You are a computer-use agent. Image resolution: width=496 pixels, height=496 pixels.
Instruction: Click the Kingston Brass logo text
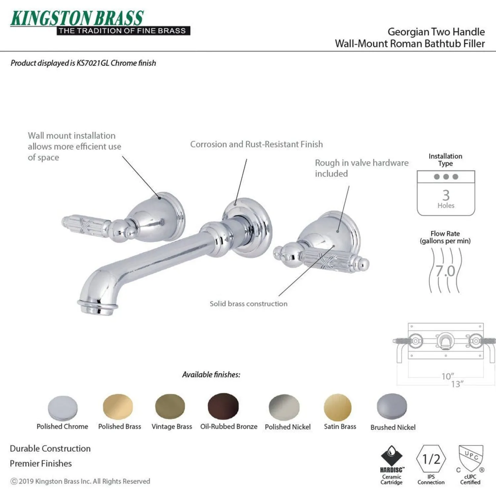pos(77,18)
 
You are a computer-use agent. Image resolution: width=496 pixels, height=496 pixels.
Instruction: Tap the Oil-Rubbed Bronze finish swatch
pos(223,406)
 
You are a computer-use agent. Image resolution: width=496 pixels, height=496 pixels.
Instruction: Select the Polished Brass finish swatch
pos(118,407)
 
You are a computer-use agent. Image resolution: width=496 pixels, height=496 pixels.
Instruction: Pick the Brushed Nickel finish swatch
pos(392,406)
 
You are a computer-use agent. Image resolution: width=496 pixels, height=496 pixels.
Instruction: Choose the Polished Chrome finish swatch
pos(63,408)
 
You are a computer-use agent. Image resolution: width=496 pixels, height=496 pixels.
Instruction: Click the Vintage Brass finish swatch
pos(170,406)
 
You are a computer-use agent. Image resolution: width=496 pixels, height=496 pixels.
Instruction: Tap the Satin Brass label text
pos(340,427)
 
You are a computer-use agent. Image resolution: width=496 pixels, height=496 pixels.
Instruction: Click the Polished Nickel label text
pos(288,427)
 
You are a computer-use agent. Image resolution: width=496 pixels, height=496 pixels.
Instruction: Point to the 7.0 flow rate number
pos(445,271)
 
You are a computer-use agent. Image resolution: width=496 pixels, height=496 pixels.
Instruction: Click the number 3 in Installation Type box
pos(446,195)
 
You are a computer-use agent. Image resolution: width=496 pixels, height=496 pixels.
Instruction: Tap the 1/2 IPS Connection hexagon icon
pos(431,459)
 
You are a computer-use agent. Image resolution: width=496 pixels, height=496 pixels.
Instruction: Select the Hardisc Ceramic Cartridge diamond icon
pos(392,456)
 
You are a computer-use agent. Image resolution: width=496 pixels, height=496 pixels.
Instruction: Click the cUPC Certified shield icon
pos(471,459)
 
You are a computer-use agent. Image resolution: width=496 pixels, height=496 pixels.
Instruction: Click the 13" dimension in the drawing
pos(457,384)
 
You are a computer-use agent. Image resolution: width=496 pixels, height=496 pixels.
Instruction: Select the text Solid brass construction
pos(249,304)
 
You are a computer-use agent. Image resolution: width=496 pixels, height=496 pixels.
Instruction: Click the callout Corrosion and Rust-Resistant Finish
pos(256,144)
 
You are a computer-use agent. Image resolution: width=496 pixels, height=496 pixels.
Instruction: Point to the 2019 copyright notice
pos(80,481)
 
